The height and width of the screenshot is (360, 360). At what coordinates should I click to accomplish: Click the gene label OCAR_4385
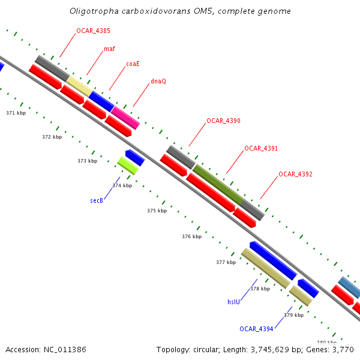pyautogui.click(x=93, y=31)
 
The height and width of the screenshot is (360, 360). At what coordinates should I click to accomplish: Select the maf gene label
pyautogui.click(x=109, y=49)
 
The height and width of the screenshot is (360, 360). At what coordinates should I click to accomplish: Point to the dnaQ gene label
pyautogui.click(x=158, y=81)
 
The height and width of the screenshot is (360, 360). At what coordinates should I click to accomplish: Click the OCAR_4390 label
pyautogui.click(x=223, y=121)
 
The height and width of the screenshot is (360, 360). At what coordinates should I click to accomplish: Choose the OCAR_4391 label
pyautogui.click(x=261, y=148)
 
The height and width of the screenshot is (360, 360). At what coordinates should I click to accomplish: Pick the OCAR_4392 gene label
pyautogui.click(x=295, y=175)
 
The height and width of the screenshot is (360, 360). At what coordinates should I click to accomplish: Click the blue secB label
pyautogui.click(x=97, y=200)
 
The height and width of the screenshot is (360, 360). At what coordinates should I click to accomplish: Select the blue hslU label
pyautogui.click(x=233, y=302)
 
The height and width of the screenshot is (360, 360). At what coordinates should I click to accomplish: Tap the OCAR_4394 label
pyautogui.click(x=256, y=329)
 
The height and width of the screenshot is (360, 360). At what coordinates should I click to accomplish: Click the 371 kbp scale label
pyautogui.click(x=16, y=113)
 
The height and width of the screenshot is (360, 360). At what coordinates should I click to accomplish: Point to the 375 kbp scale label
pyautogui.click(x=157, y=211)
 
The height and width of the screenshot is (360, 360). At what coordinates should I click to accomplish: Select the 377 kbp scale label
pyautogui.click(x=226, y=262)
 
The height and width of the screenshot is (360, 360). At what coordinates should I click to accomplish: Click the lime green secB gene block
pyautogui.click(x=128, y=165)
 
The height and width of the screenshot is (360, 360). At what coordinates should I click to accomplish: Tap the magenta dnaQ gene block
pyautogui.click(x=125, y=117)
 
